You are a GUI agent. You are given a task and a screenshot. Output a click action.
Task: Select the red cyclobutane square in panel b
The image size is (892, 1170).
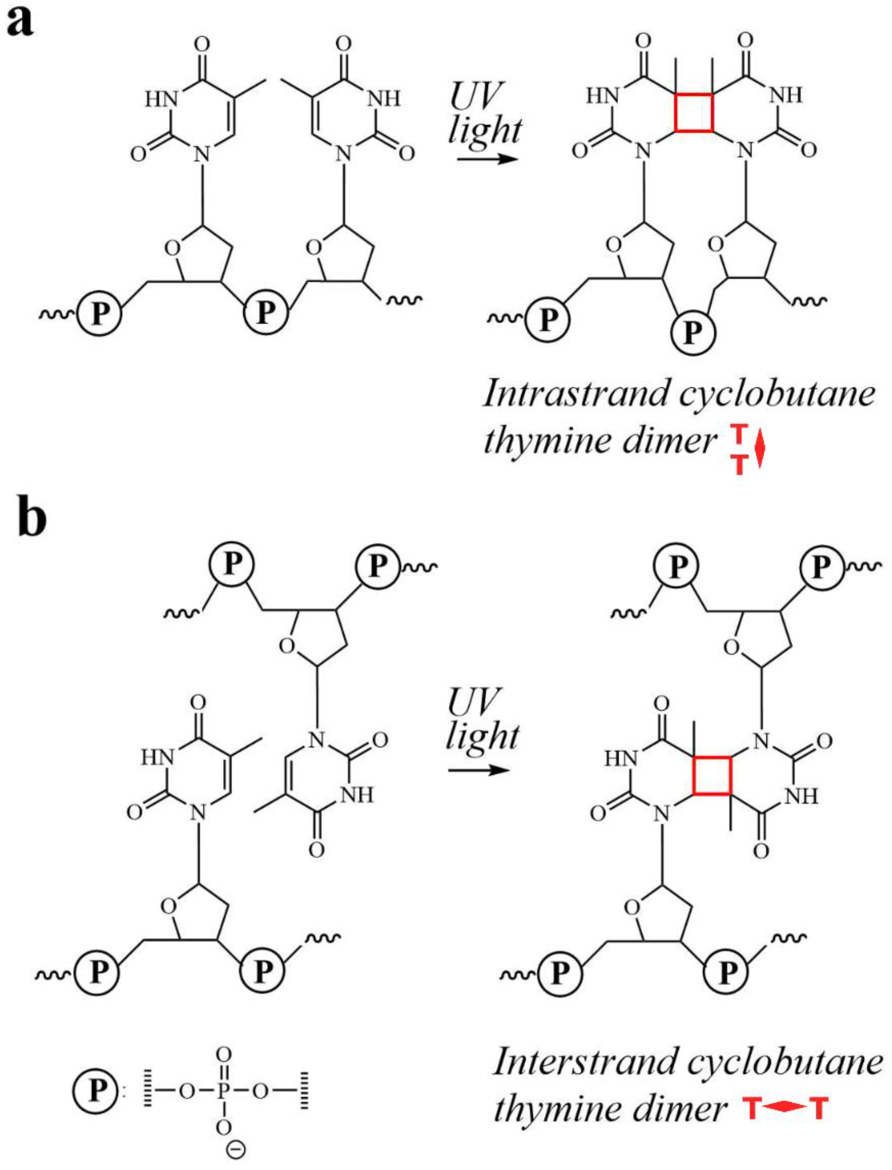(712, 775)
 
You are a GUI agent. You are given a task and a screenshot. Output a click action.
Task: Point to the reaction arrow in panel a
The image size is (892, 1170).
(486, 159)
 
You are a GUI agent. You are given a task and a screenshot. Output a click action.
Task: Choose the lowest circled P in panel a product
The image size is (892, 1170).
(693, 332)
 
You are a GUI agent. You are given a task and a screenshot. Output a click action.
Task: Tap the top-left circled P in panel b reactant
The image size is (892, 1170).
(230, 564)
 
